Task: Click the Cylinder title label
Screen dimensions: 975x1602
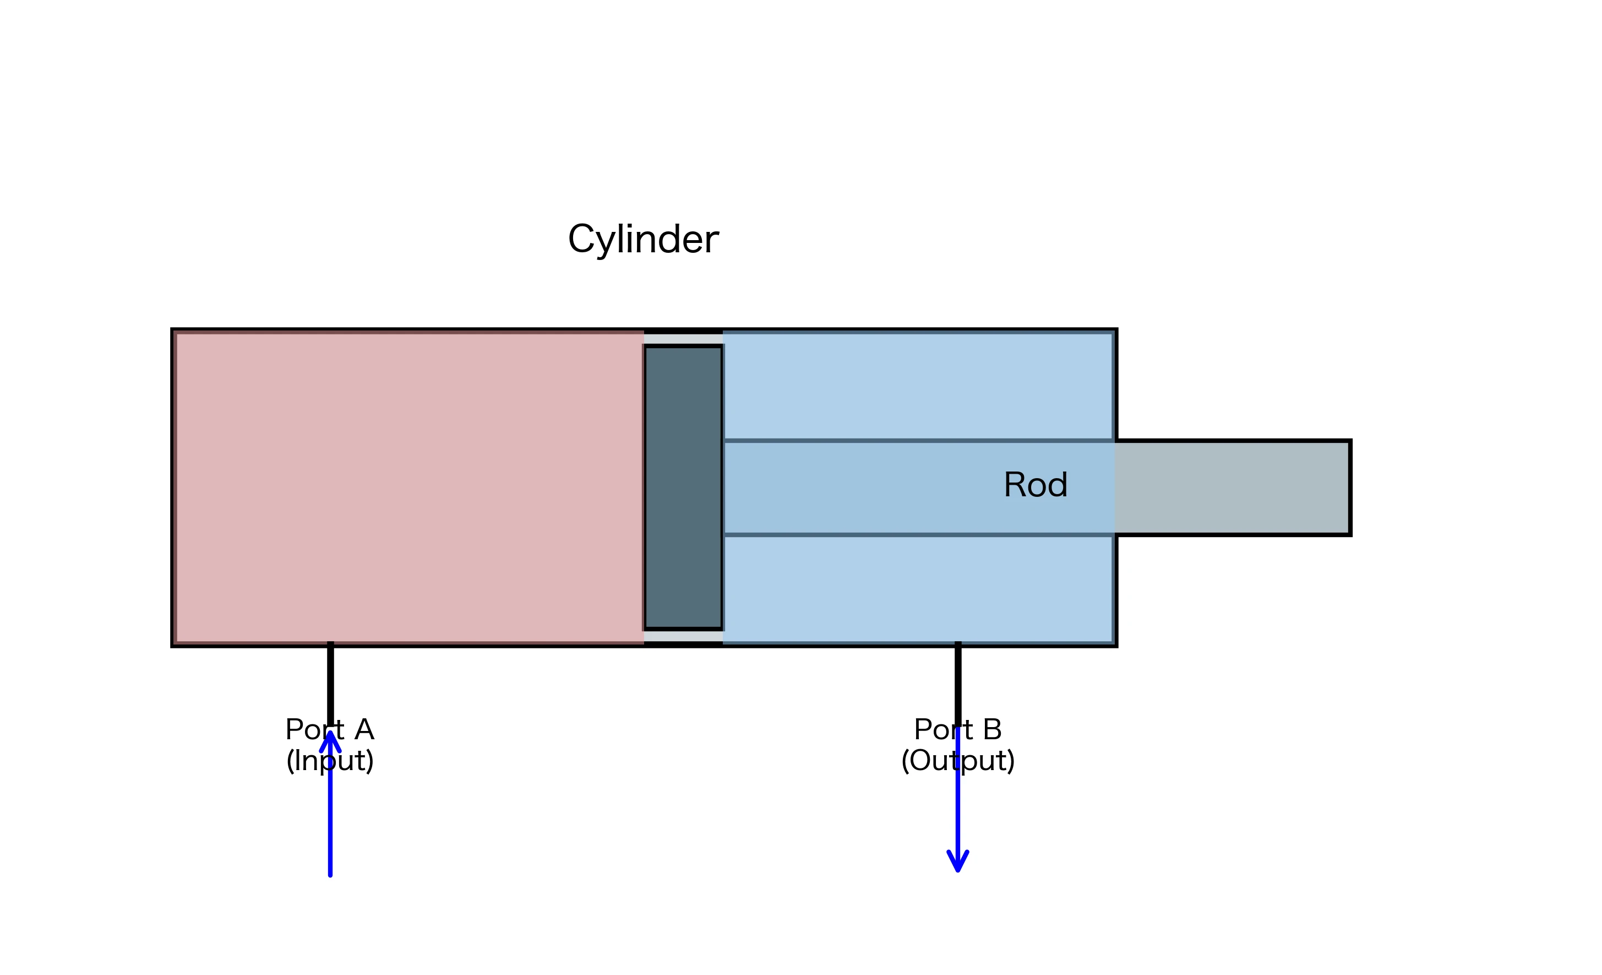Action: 643,240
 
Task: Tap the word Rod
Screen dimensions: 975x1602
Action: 1035,485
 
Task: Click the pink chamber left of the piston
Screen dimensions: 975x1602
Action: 410,488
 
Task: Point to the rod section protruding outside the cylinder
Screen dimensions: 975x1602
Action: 1232,488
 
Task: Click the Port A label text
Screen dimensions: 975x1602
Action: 330,730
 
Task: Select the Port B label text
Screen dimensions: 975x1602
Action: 958,730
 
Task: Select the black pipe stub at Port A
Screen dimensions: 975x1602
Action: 330,683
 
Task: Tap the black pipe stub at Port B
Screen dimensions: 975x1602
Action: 958,683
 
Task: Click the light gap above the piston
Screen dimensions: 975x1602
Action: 683,339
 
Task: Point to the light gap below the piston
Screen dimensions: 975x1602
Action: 683,636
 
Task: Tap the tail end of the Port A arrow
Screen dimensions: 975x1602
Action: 330,873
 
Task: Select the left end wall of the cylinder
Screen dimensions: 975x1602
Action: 173,488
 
